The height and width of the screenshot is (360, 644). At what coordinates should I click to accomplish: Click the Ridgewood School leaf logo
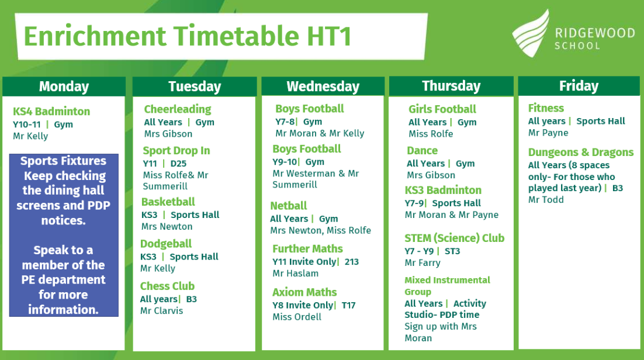tap(531, 34)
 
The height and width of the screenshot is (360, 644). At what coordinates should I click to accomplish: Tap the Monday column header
tap(64, 86)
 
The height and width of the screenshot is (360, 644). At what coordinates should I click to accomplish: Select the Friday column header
tap(579, 86)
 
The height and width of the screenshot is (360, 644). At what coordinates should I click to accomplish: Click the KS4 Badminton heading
tap(51, 112)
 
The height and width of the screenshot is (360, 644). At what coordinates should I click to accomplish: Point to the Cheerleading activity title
tap(178, 109)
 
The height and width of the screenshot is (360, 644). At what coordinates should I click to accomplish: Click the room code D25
tap(178, 163)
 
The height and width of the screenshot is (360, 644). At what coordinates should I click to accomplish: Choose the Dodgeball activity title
tap(166, 244)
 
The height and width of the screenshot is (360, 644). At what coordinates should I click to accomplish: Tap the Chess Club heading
tap(167, 286)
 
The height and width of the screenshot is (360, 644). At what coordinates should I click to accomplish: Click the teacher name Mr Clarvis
tap(161, 311)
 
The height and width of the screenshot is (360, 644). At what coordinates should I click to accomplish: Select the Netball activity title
tap(288, 206)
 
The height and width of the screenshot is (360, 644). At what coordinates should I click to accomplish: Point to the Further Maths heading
tap(307, 248)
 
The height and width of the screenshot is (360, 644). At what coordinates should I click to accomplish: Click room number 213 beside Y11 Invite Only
tap(352, 262)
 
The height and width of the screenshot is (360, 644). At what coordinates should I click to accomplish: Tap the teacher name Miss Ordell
tap(297, 317)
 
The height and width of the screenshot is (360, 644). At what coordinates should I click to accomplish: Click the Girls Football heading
tap(442, 109)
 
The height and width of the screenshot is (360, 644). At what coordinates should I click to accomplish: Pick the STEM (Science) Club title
tap(454, 238)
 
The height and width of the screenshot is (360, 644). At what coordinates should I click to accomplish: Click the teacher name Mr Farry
tap(422, 262)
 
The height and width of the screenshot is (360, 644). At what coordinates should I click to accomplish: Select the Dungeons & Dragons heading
tap(581, 153)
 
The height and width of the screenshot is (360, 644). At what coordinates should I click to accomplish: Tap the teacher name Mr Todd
tap(546, 200)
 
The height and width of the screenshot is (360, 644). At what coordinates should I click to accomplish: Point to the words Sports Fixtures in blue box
tap(63, 161)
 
